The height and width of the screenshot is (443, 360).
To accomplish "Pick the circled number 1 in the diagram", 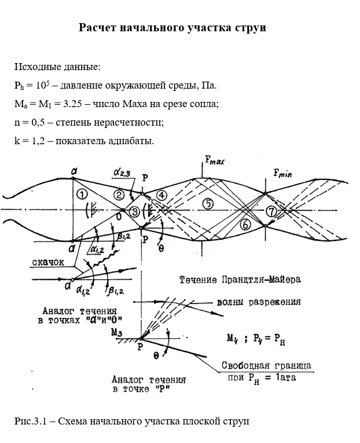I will click(82, 193).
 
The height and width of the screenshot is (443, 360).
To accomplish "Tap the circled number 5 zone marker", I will click(208, 203).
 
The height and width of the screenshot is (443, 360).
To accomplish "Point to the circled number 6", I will click(245, 224).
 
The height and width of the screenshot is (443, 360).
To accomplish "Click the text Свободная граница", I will click(267, 365).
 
